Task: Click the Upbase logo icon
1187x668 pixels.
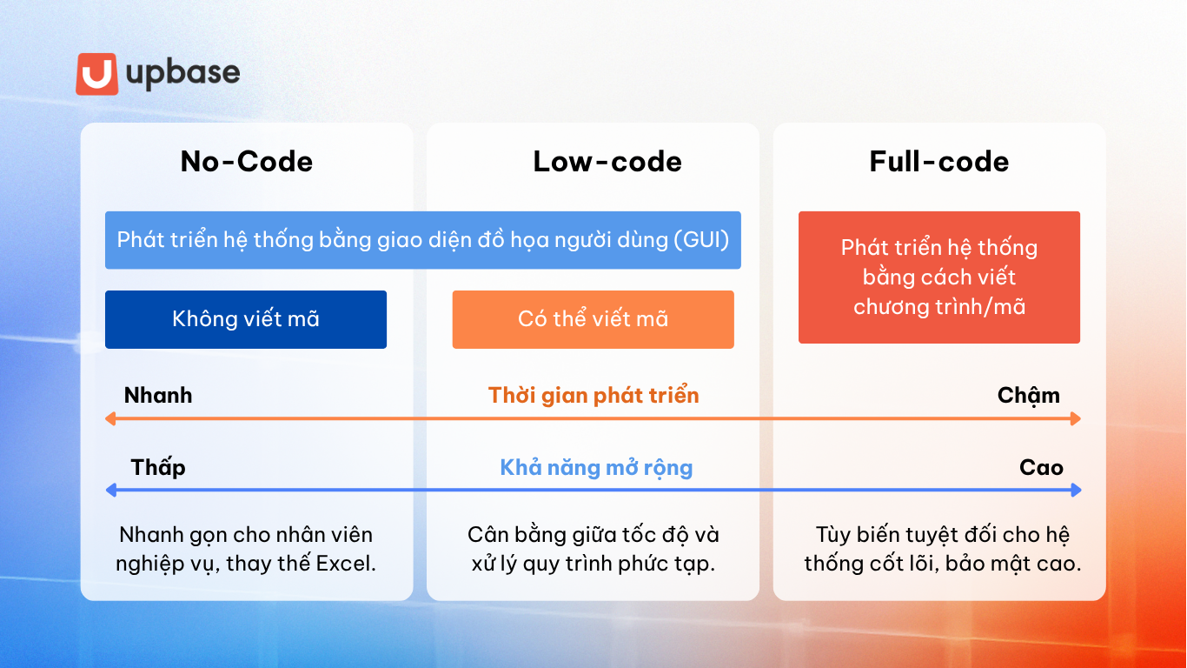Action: click(96, 74)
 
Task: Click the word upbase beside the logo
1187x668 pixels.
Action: click(182, 74)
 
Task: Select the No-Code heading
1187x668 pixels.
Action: click(246, 162)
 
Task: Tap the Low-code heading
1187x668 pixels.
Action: click(607, 162)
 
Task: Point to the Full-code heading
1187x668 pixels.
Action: click(938, 162)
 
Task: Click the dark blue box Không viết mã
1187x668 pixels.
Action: click(246, 319)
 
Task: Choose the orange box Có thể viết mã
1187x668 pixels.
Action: click(593, 319)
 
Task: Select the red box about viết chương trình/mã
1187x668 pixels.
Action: click(938, 277)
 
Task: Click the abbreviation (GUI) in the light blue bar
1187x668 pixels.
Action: click(701, 240)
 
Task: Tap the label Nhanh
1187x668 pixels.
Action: click(158, 396)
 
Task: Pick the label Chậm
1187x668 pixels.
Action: click(1028, 396)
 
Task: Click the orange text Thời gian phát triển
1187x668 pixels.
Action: click(593, 396)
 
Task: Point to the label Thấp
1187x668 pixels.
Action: click(158, 468)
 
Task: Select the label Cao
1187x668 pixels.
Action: click(1041, 468)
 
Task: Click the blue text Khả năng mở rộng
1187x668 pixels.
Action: click(596, 468)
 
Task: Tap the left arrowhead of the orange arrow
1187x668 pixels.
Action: click(110, 418)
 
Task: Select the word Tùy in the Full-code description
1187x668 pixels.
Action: click(832, 534)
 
